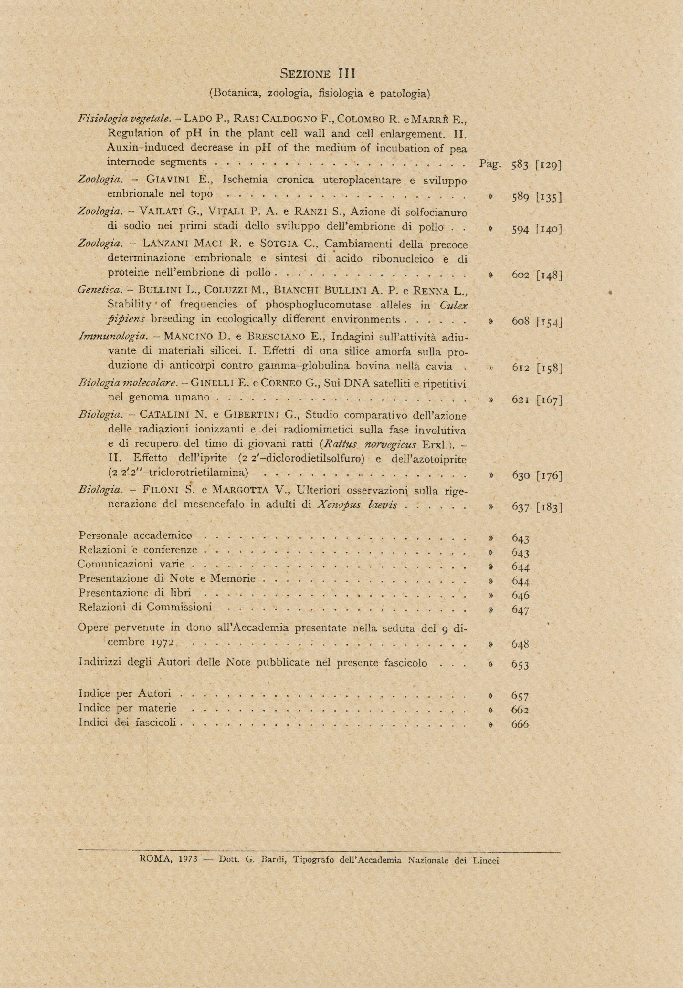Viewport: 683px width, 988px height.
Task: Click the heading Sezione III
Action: [x=318, y=74]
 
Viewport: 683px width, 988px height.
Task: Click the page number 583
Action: [x=520, y=165]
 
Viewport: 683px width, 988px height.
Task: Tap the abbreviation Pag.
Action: [x=490, y=164]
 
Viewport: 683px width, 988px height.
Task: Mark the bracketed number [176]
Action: [x=549, y=476]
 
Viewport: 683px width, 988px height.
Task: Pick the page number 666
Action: [x=520, y=724]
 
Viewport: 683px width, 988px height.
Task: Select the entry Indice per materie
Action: [x=128, y=708]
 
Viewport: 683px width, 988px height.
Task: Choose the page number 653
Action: [x=520, y=665]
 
